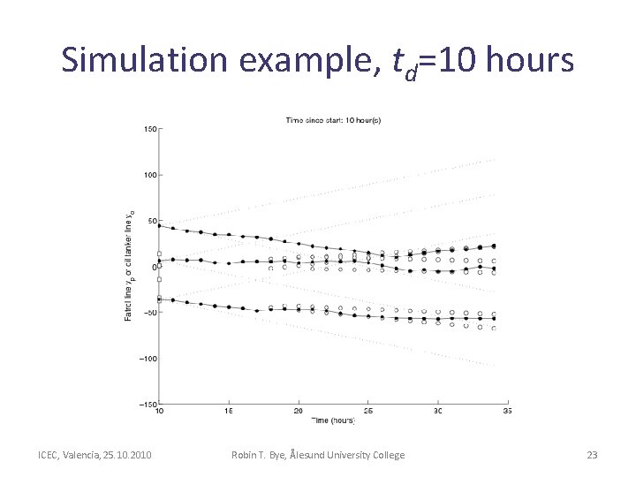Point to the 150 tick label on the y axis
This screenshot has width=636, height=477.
click(149, 129)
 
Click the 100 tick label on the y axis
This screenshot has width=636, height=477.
click(149, 175)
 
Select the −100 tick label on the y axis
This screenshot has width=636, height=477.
click(147, 359)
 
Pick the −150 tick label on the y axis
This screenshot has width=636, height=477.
click(147, 404)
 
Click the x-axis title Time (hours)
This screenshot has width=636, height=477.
click(332, 420)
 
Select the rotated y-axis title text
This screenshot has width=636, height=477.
click(129, 265)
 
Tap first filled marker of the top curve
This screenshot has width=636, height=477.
click(159, 225)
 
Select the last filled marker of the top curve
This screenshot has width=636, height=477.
click(493, 246)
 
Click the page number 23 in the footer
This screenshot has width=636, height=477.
click(592, 455)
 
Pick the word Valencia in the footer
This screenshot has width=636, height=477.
click(88, 455)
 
